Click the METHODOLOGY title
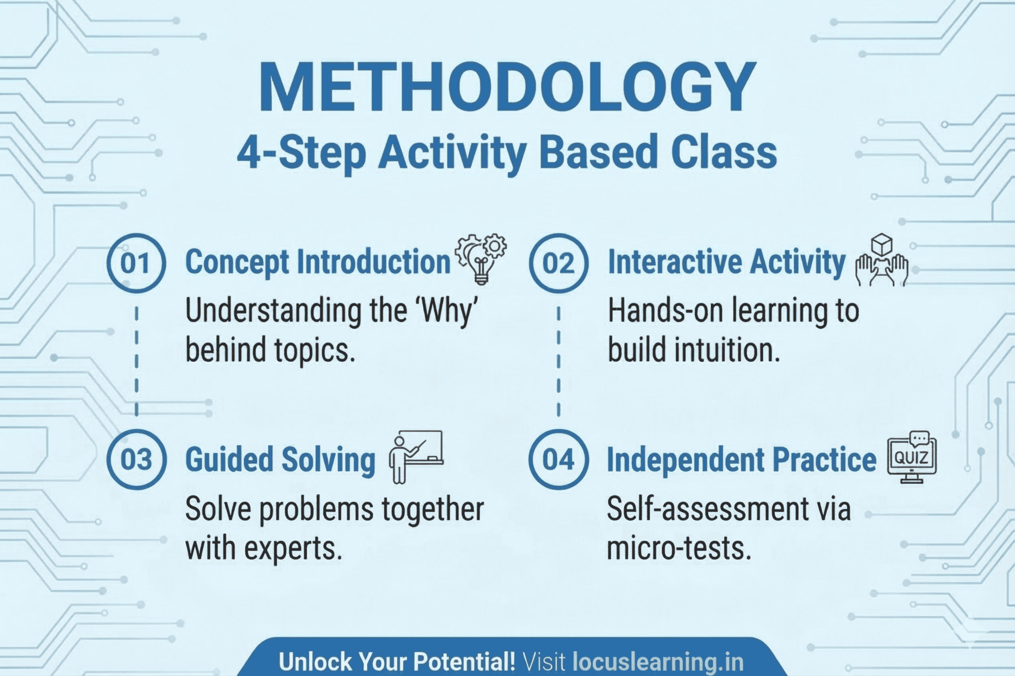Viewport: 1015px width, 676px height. point(507,87)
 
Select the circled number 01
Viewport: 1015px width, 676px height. point(136,263)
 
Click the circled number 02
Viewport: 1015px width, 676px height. point(558,263)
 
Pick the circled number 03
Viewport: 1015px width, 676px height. point(136,459)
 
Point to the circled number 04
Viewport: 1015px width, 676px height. point(558,459)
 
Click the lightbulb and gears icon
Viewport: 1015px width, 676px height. point(481,259)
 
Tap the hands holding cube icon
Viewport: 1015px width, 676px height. point(882,261)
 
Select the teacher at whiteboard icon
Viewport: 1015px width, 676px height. point(416,456)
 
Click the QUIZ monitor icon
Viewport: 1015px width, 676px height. point(911,457)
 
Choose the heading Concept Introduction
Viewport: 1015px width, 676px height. point(318,262)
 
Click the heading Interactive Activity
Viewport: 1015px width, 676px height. point(727,262)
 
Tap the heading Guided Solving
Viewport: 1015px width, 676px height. point(280,460)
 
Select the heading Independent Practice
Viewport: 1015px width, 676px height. point(742,460)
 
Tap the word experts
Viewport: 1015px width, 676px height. point(293,548)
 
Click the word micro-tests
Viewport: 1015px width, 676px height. point(679,548)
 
